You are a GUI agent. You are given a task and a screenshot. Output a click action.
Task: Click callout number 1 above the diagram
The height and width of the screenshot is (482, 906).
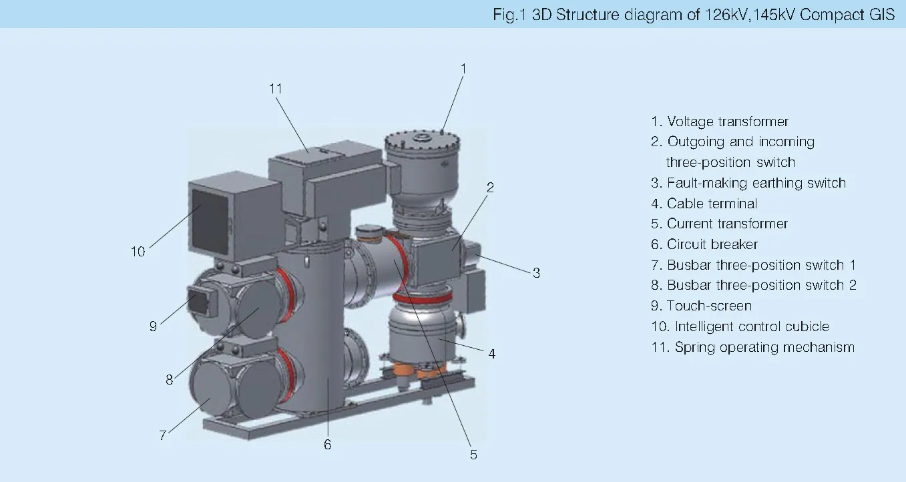(463, 68)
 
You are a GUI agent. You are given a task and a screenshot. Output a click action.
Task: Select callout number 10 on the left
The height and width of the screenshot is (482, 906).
(138, 252)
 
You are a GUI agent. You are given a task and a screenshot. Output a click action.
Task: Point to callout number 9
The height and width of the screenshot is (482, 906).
(153, 326)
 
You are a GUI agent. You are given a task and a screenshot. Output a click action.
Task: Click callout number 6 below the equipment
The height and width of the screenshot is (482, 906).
(327, 444)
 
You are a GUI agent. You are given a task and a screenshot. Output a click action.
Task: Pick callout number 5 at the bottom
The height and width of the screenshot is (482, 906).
(473, 454)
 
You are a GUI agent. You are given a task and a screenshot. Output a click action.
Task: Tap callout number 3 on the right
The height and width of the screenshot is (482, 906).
(535, 272)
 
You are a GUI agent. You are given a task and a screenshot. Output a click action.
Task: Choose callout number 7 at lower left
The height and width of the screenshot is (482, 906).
(162, 435)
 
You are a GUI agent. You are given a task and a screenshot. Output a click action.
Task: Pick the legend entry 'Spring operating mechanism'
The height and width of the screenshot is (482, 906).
(752, 347)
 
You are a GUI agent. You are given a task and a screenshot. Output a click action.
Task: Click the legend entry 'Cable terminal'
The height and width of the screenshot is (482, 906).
(704, 204)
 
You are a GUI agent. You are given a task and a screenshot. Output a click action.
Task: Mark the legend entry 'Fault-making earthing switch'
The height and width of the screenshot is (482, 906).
(748, 183)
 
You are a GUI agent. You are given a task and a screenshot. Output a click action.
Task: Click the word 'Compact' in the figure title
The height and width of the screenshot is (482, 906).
(831, 15)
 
